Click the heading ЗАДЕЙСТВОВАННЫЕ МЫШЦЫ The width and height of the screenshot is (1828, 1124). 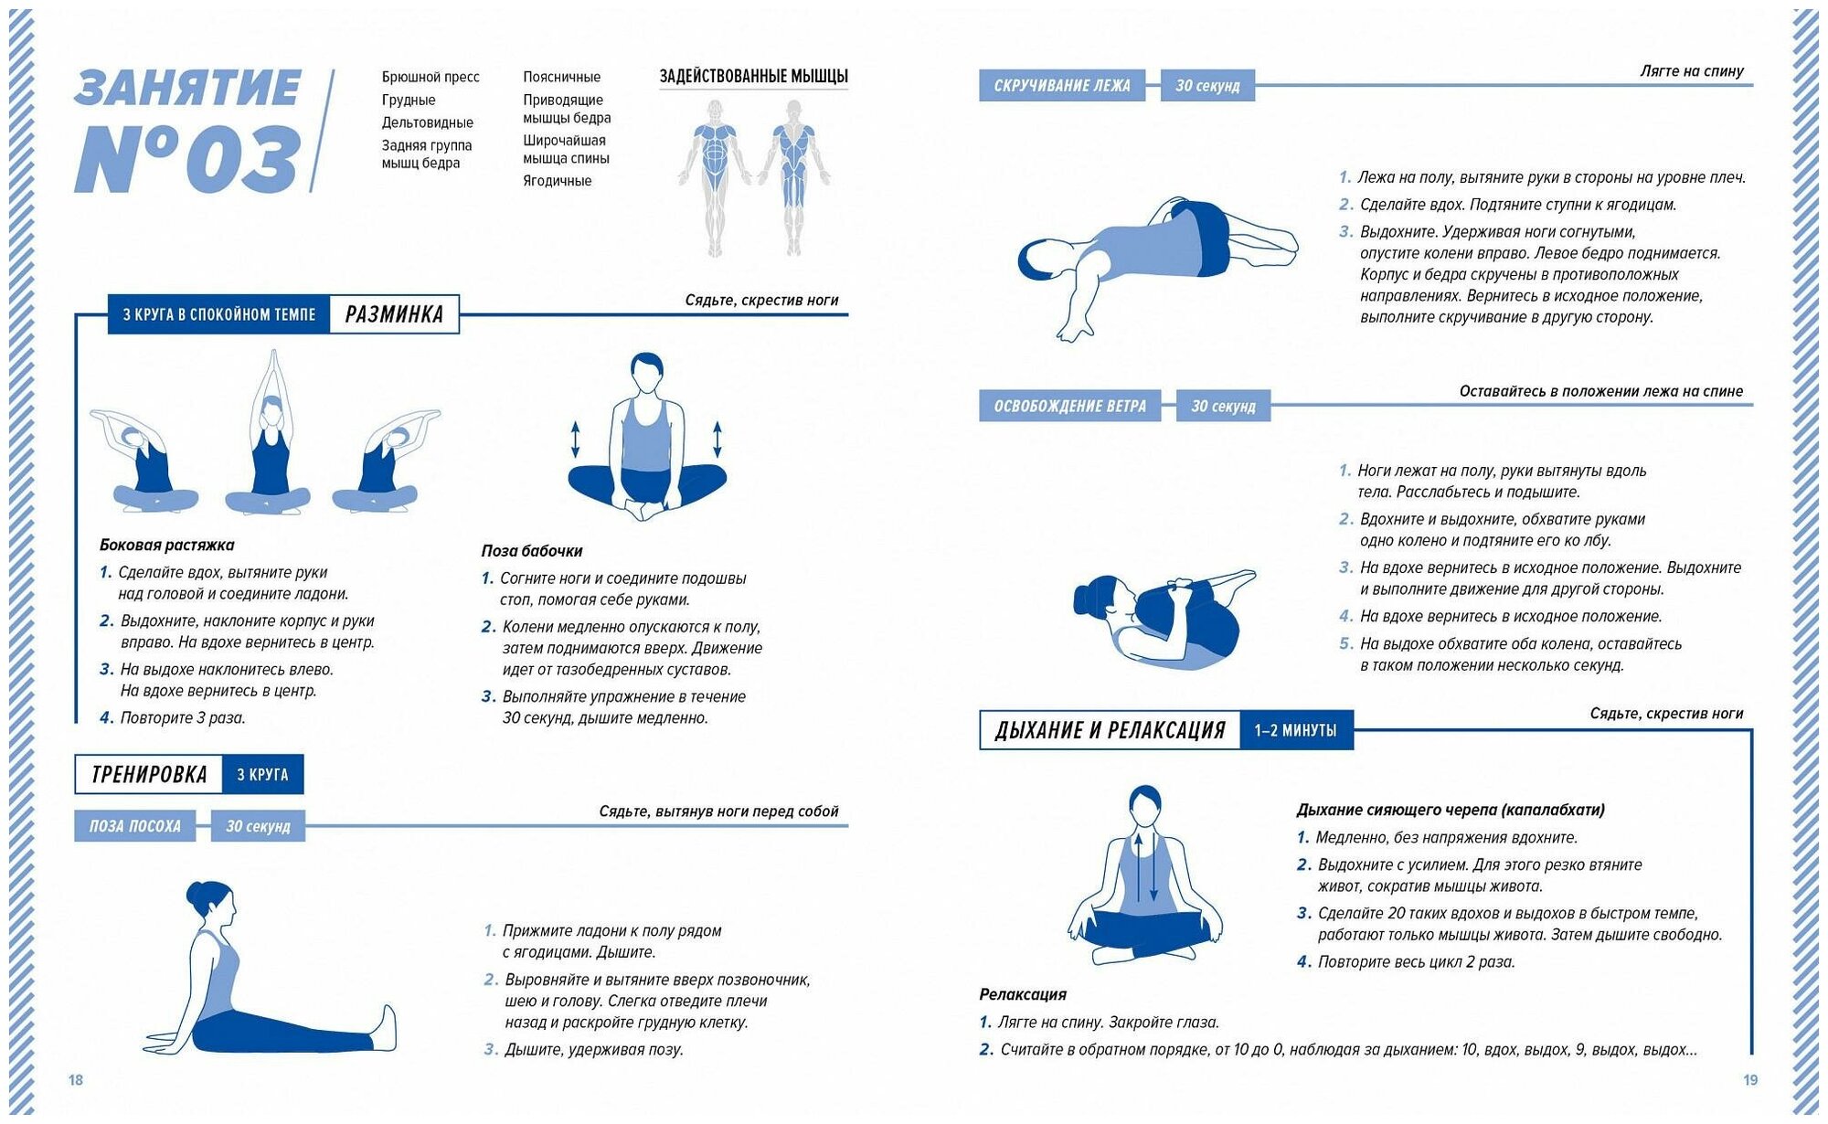point(753,77)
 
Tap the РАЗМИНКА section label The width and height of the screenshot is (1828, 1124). point(394,314)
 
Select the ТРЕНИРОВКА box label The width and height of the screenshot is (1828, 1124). point(149,775)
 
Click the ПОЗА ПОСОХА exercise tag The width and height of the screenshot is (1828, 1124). point(135,826)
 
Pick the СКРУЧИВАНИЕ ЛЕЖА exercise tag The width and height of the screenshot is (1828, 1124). point(1061,86)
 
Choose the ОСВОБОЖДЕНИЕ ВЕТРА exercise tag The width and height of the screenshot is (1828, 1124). point(1069,406)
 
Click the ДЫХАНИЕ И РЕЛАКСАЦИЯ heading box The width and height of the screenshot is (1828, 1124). point(1110,730)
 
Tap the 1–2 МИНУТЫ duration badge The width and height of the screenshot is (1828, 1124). point(1295,730)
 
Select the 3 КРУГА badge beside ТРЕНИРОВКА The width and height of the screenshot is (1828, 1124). point(262,775)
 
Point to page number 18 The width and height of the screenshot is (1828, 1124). point(76,1080)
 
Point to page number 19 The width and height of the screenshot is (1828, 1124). point(1750,1080)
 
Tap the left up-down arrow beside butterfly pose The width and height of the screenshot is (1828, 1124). point(575,439)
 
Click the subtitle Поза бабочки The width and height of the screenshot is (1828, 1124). point(532,551)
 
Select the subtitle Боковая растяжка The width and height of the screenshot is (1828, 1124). point(167,546)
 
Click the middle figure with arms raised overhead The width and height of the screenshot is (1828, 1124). point(269,434)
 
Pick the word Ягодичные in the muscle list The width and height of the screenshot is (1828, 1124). point(557,181)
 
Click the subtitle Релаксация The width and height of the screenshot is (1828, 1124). point(1023,994)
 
